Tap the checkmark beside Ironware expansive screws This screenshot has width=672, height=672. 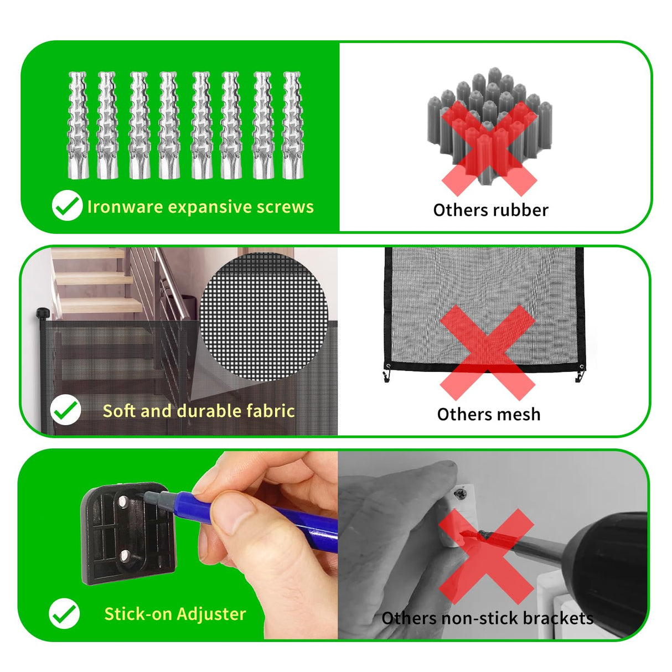67,205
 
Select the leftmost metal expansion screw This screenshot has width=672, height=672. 79,125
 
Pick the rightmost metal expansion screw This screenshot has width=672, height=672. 293,125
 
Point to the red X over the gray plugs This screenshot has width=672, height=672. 489,148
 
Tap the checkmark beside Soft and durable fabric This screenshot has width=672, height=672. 65,410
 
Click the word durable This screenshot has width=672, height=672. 208,411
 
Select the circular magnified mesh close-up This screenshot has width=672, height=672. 263,317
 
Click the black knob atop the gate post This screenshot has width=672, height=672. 43,313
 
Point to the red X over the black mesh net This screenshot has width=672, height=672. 488,353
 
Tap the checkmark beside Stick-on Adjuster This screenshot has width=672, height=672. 64,613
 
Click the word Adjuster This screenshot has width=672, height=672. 211,614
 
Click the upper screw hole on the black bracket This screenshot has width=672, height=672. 122,502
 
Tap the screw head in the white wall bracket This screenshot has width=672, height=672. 461,494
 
